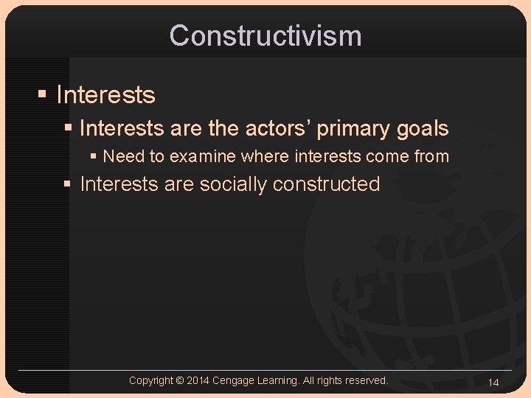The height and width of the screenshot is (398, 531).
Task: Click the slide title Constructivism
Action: click(x=265, y=35)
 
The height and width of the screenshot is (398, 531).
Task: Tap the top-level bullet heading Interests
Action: click(x=105, y=95)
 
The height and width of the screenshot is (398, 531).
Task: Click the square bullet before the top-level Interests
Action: click(x=43, y=95)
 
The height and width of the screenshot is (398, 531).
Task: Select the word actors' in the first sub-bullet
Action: click(x=280, y=128)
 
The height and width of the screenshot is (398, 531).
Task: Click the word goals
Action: click(x=421, y=129)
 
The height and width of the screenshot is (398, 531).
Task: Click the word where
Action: click(x=265, y=156)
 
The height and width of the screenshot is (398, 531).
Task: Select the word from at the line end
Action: click(x=432, y=156)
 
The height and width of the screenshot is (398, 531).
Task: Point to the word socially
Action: click(x=234, y=184)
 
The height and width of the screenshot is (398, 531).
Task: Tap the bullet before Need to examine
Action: click(x=94, y=156)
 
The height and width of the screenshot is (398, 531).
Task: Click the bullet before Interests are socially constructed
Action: click(x=69, y=184)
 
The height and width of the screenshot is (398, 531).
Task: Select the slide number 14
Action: click(x=493, y=383)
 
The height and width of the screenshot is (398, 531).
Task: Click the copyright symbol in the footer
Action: click(x=179, y=381)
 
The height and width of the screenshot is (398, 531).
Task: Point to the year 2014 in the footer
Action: click(x=198, y=381)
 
